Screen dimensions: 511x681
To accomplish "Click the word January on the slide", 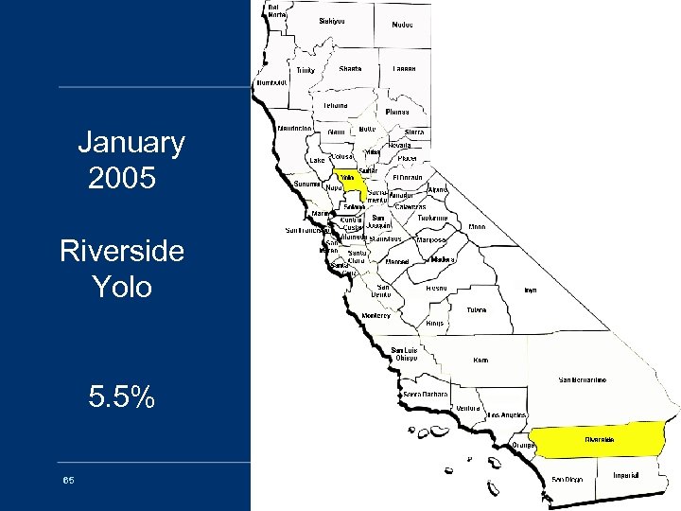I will pos(131,144).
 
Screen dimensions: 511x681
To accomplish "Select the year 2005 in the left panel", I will pos(121,177).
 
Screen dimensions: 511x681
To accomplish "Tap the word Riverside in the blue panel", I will pos(121,253).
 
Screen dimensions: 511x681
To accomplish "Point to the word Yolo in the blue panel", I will pos(122,286).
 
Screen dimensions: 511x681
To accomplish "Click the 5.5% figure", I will pos(121,398).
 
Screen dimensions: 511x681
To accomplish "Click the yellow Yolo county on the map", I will pos(351,181).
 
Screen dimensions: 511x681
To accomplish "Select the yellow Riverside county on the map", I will pos(600,440).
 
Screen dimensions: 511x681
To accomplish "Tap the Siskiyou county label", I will pos(332,21).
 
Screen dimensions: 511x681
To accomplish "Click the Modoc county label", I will pos(402,26).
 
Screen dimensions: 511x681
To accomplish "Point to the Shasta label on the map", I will pos(350,69).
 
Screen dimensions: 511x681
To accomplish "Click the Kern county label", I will pos(480,361).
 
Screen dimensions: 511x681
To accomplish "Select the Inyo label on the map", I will pos(531,291).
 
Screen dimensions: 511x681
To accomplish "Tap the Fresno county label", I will pos(436,287).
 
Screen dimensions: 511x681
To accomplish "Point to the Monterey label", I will pos(375,316).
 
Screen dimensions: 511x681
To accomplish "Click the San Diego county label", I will pos(567,479).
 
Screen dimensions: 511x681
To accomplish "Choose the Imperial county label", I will pos(626,474).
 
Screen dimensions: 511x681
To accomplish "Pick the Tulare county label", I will pos(476,309).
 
